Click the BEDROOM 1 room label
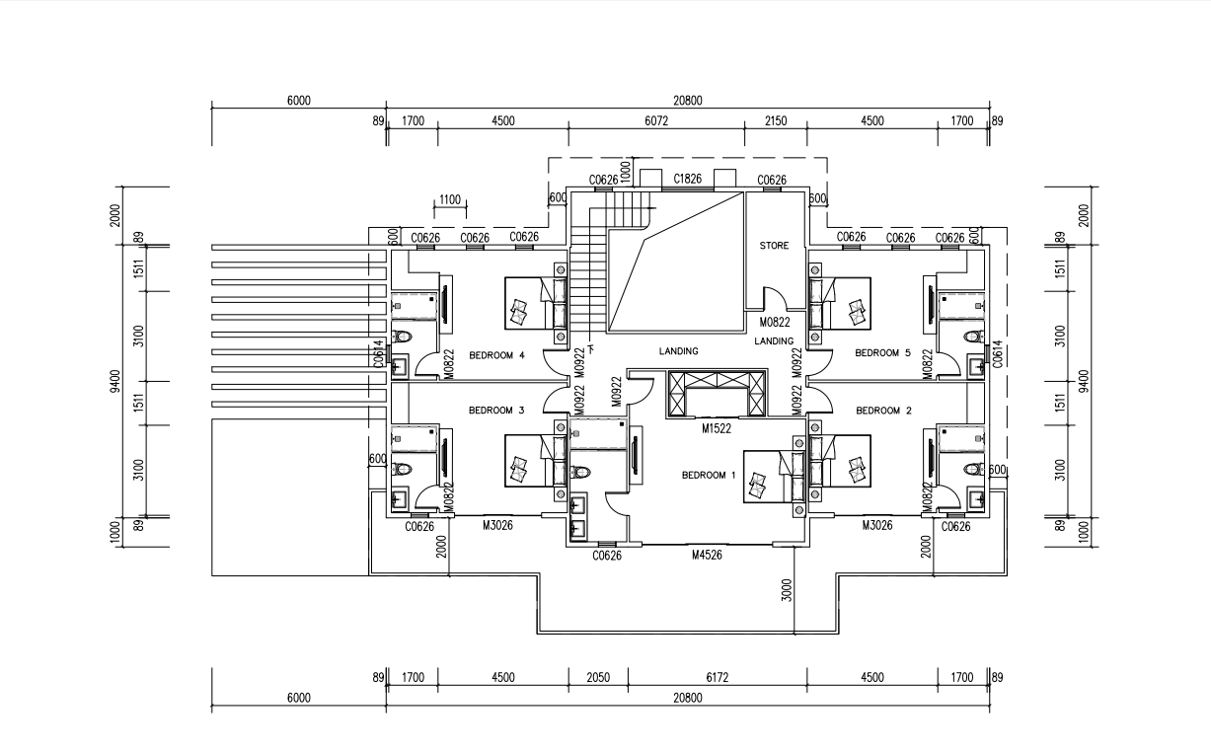tap(709, 475)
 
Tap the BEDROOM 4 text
tap(496, 354)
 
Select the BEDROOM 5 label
tap(882, 352)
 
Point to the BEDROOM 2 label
tap(883, 411)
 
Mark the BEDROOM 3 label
tap(496, 411)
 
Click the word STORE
tap(774, 246)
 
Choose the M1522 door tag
tap(717, 429)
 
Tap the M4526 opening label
tap(707, 556)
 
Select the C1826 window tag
tap(687, 179)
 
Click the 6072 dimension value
tap(656, 121)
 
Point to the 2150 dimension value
tap(776, 121)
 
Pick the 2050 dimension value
tap(598, 677)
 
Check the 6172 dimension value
tap(718, 677)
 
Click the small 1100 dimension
tap(449, 199)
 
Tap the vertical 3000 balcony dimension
tap(788, 593)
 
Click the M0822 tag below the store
tap(774, 322)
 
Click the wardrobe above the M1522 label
tap(717, 394)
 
